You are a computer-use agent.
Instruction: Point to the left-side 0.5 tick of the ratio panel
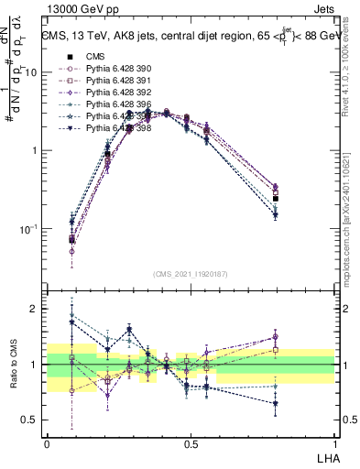pos(30,420)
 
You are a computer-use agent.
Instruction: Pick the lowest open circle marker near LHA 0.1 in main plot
pos(71,251)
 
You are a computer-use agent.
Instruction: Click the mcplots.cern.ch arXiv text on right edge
pos(351,211)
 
